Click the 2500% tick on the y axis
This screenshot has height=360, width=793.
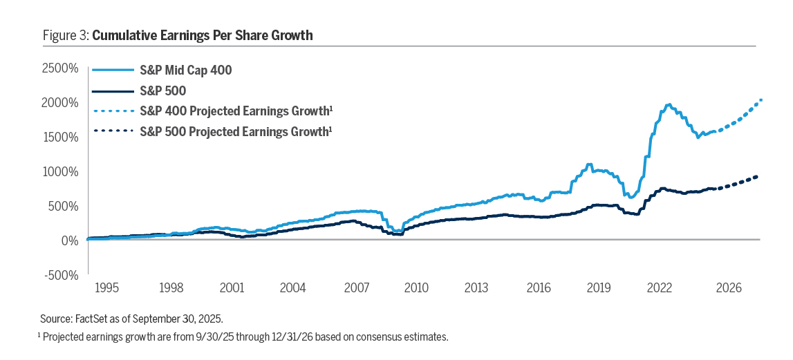click(59, 68)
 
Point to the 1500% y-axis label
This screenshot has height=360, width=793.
click(59, 137)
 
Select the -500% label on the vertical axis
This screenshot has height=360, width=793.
click(59, 274)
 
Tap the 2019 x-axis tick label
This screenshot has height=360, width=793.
click(599, 287)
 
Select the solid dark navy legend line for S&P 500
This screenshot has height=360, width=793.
click(111, 90)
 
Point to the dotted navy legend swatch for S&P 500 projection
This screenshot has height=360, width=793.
click(111, 131)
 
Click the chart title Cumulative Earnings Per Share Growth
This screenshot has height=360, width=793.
click(202, 35)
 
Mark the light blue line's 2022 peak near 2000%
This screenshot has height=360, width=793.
click(668, 105)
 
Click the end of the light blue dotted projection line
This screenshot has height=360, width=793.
click(761, 100)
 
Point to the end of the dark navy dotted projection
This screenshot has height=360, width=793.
click(758, 177)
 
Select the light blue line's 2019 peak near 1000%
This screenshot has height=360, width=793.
click(589, 164)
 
